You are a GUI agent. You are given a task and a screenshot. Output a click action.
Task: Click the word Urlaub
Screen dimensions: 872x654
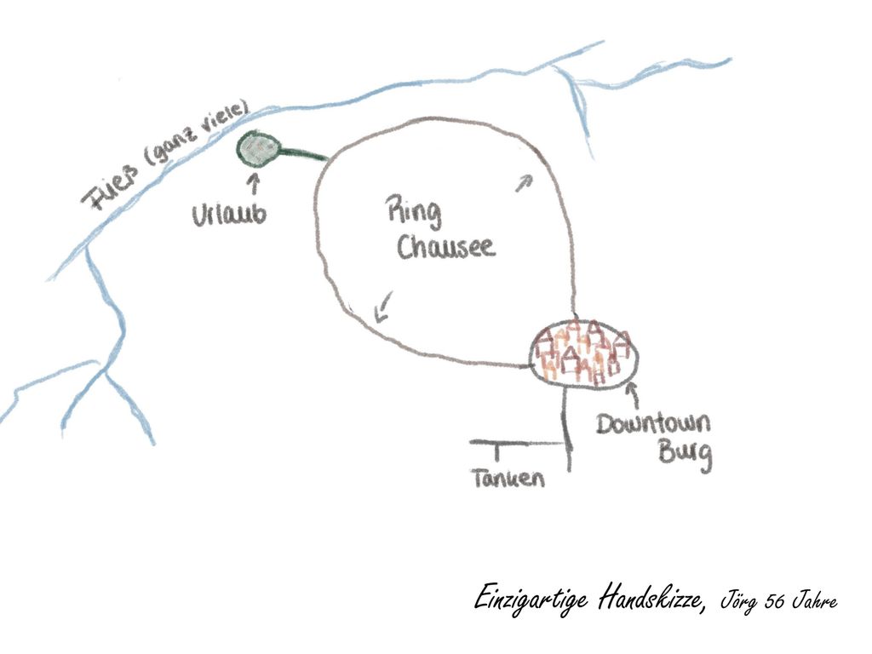click(229, 215)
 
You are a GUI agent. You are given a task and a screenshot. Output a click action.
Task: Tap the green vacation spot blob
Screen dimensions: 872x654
click(257, 148)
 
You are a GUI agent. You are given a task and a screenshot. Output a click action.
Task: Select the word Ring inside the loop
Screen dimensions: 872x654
click(415, 213)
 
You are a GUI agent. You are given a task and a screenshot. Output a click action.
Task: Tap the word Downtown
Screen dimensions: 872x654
click(653, 424)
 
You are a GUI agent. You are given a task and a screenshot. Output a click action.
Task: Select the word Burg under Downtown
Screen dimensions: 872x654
click(686, 453)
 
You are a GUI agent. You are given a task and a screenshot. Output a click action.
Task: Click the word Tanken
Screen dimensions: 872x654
click(508, 479)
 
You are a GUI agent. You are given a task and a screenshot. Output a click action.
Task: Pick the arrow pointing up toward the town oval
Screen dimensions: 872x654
click(633, 395)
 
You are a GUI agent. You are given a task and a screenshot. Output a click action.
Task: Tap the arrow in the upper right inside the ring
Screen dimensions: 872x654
click(524, 182)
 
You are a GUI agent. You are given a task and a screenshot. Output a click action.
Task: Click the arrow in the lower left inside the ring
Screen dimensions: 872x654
click(383, 307)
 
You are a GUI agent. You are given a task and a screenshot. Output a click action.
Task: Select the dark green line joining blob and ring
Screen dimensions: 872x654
click(303, 153)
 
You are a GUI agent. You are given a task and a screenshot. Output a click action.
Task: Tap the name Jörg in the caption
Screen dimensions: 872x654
click(738, 601)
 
